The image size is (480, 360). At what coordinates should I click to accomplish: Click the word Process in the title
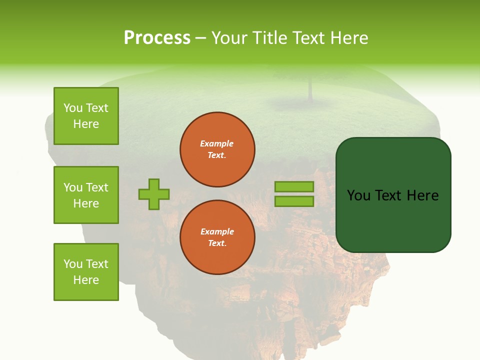click(x=157, y=38)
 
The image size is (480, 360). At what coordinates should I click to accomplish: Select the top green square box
click(x=86, y=116)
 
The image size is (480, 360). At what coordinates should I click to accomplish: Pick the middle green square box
click(x=86, y=195)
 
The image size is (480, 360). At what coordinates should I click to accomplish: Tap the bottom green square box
click(x=86, y=272)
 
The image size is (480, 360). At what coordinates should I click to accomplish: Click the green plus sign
click(x=154, y=194)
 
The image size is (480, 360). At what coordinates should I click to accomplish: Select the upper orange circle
click(x=217, y=149)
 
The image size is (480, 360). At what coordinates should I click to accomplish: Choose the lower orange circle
click(x=217, y=237)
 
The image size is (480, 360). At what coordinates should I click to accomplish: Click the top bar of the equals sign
click(x=294, y=187)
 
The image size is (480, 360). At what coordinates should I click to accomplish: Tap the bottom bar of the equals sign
click(x=294, y=201)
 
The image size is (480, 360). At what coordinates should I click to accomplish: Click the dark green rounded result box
click(x=393, y=195)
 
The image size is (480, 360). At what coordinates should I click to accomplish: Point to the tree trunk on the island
click(x=310, y=90)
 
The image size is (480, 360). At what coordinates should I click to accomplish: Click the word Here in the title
click(x=350, y=38)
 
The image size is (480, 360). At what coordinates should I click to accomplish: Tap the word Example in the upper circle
click(x=217, y=144)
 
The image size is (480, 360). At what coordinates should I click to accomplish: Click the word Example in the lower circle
click(x=217, y=232)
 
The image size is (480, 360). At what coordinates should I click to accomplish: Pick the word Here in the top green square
click(x=86, y=124)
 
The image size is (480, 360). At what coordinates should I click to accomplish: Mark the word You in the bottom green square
click(x=72, y=264)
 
